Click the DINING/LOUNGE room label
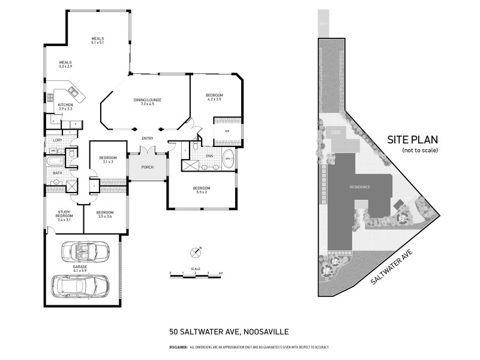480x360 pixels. pyautogui.click(x=148, y=102)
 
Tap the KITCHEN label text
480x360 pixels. pyautogui.click(x=65, y=107)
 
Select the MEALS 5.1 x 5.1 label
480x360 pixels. pyautogui.click(x=98, y=40)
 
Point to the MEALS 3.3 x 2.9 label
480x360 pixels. pyautogui.click(x=65, y=64)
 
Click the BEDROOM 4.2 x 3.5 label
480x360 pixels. pyautogui.click(x=214, y=98)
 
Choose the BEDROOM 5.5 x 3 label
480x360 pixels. pyautogui.click(x=201, y=190)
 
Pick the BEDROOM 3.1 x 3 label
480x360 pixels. pyautogui.click(x=108, y=160)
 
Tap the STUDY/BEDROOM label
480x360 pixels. pyautogui.click(x=64, y=214)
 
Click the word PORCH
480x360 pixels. pyautogui.click(x=148, y=167)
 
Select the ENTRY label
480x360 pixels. pyautogui.click(x=148, y=139)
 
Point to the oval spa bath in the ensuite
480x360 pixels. pyautogui.click(x=229, y=161)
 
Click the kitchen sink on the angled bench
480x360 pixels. pyautogui.click(x=73, y=91)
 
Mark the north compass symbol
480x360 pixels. pyautogui.click(x=195, y=252)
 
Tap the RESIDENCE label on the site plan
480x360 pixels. pyautogui.click(x=360, y=187)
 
